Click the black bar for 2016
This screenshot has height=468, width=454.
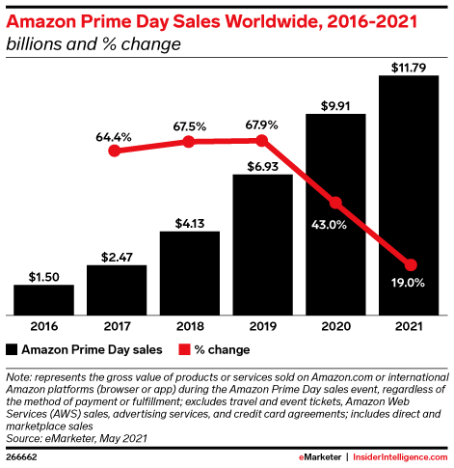pos(44,300)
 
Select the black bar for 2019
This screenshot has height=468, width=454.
pos(263,245)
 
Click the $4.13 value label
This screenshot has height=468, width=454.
pos(190,221)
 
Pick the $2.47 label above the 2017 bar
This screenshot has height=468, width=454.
pos(117,256)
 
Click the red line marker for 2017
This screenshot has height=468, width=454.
pos(117,151)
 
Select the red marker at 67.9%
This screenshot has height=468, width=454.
pos(263,142)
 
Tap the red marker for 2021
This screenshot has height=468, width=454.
pos(410,264)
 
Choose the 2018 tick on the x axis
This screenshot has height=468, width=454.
pos(190,326)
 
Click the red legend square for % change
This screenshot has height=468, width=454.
pos(182,349)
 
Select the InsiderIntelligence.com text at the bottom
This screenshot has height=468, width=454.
pos(399,454)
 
